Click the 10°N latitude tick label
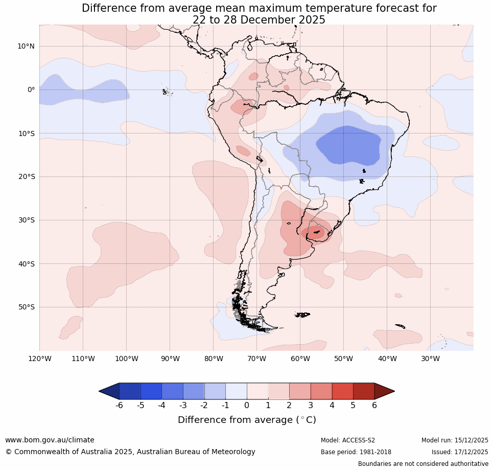(x=26, y=46)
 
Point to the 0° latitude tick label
(x=31, y=89)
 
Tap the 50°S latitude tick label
(x=26, y=307)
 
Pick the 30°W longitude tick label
(x=430, y=359)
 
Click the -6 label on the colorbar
(x=119, y=406)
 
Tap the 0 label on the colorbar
(x=247, y=406)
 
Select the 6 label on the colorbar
(x=374, y=406)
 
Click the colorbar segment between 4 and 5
(x=342, y=391)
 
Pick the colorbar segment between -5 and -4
(x=151, y=391)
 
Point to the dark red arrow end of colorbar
(x=384, y=391)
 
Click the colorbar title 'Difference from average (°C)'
(x=247, y=420)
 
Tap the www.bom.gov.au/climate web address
(x=50, y=440)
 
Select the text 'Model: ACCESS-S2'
(x=348, y=440)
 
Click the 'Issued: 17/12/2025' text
(x=460, y=452)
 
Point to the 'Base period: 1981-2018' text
(x=356, y=452)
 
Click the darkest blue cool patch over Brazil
(x=348, y=145)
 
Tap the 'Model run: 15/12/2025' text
(x=455, y=440)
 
